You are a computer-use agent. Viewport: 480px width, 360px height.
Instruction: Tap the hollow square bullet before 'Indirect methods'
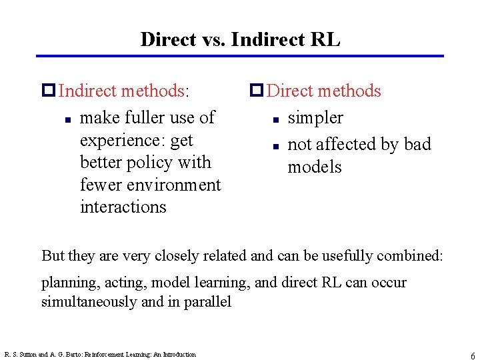tap(48, 91)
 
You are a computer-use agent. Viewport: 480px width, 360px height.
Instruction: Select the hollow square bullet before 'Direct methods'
tap(256, 91)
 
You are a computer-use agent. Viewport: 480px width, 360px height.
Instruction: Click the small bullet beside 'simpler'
tap(274, 121)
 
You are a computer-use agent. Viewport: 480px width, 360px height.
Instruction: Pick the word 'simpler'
tap(315, 119)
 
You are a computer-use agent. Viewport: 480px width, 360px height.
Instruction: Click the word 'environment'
tap(172, 185)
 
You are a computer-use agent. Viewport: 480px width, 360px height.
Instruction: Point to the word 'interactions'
tap(123, 207)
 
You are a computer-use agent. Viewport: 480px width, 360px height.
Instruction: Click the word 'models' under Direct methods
tap(314, 167)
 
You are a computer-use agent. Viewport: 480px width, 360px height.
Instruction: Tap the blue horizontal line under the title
tap(240, 56)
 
